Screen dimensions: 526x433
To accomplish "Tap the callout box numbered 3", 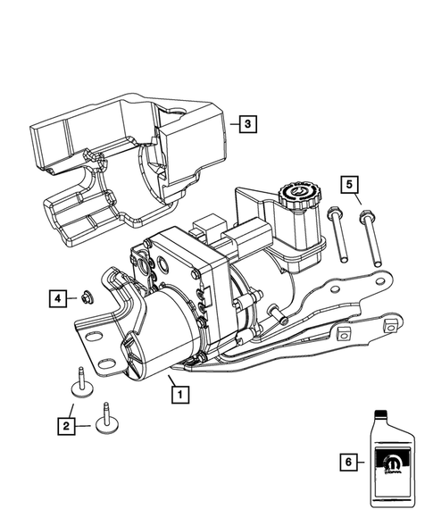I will coord(247,126).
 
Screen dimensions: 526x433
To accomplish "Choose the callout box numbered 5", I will coord(351,185).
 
